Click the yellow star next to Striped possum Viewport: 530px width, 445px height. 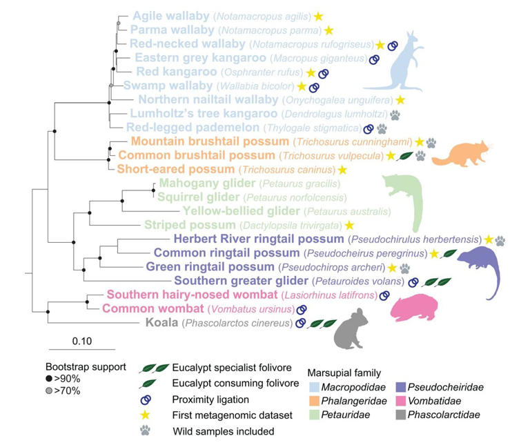[x=349, y=226]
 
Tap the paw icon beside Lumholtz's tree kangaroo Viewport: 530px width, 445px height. [x=395, y=115]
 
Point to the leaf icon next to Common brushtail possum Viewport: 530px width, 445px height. [x=407, y=157]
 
